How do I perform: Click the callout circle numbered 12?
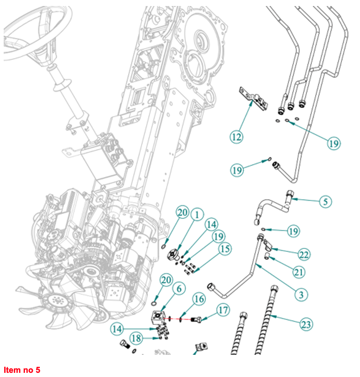pos(237,136)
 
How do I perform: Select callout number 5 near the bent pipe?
pos(326,201)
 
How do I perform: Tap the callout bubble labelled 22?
pos(304,254)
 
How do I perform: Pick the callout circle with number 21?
pos(299,272)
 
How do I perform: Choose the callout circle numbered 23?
pos(306,325)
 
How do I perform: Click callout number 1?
pos(197,215)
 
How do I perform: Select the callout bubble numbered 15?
pos(225,249)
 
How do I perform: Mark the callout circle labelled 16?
pos(199,299)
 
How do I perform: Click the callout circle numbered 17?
pos(223,309)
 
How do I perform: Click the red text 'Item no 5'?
pos(22,370)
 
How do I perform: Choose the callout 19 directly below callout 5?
pos(293,231)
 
